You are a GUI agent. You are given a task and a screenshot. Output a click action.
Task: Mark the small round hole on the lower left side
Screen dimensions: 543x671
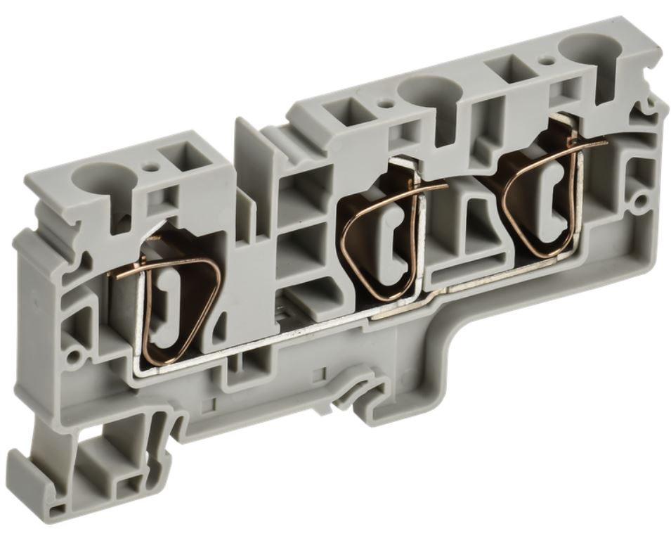click(x=72, y=349)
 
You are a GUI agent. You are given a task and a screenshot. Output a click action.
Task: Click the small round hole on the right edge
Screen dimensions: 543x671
click(x=640, y=203)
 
